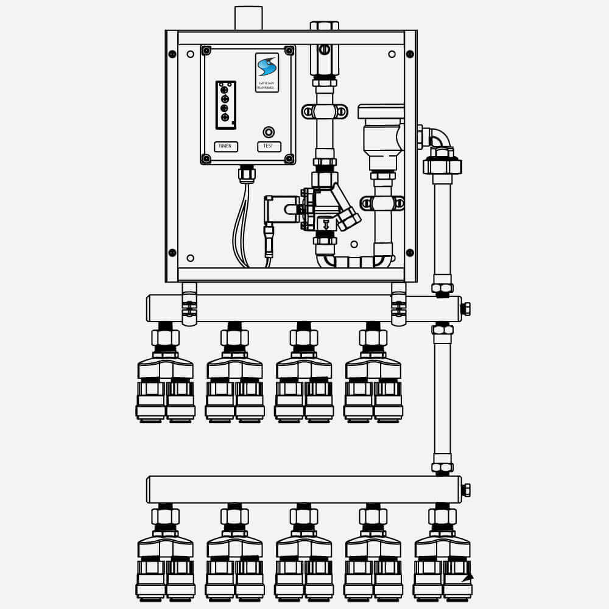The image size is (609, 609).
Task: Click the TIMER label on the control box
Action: tap(225, 147)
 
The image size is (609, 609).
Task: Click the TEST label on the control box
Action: tap(269, 147)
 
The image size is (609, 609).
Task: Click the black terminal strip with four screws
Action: tap(225, 105)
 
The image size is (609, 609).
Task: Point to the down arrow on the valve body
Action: tap(325, 224)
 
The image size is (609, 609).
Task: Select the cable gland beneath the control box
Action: tap(247, 174)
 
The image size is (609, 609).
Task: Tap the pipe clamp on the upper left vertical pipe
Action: tap(325, 111)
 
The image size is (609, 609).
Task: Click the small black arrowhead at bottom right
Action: tap(468, 577)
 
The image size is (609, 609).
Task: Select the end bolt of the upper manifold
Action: tap(465, 309)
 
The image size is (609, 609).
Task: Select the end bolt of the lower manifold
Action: tap(465, 490)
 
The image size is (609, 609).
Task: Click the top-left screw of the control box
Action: tap(206, 51)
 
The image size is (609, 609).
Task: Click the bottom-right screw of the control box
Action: tap(289, 159)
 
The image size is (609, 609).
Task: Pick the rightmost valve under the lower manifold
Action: tap(442, 554)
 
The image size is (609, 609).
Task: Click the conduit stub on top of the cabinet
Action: tap(248, 18)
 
